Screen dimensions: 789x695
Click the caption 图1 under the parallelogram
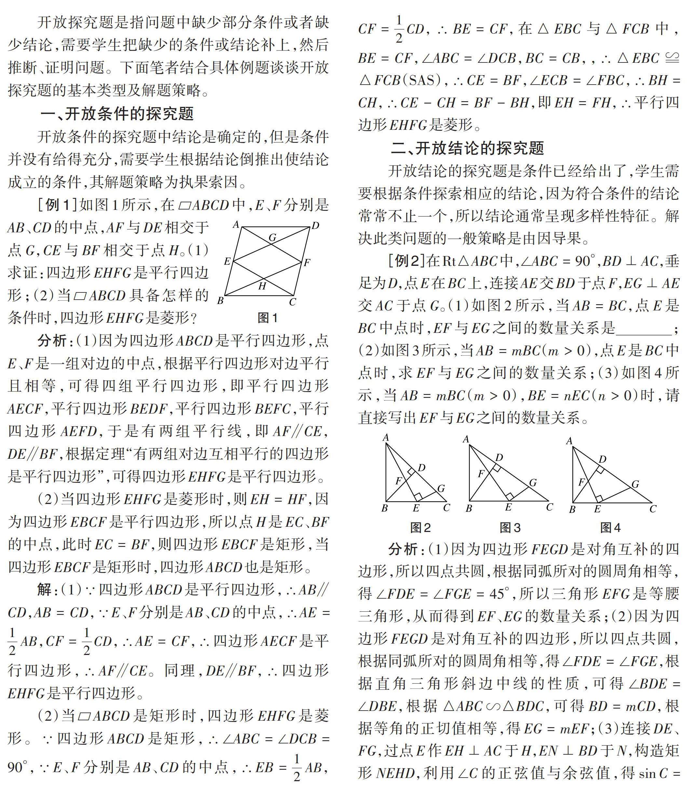coord(267,318)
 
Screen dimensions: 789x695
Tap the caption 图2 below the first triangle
coord(420,527)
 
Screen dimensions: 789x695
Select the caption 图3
coord(510,527)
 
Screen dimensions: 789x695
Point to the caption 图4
coord(610,527)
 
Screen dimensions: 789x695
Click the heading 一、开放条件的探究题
coord(117,114)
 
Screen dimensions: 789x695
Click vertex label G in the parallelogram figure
coord(273,238)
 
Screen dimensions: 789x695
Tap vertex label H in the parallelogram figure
coord(262,286)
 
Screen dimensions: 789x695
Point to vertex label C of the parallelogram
coord(292,302)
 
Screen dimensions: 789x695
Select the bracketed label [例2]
coord(406,261)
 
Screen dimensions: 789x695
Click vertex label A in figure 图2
coord(385,437)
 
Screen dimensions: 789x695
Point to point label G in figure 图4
coord(635,484)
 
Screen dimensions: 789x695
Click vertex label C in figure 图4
coord(653,509)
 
